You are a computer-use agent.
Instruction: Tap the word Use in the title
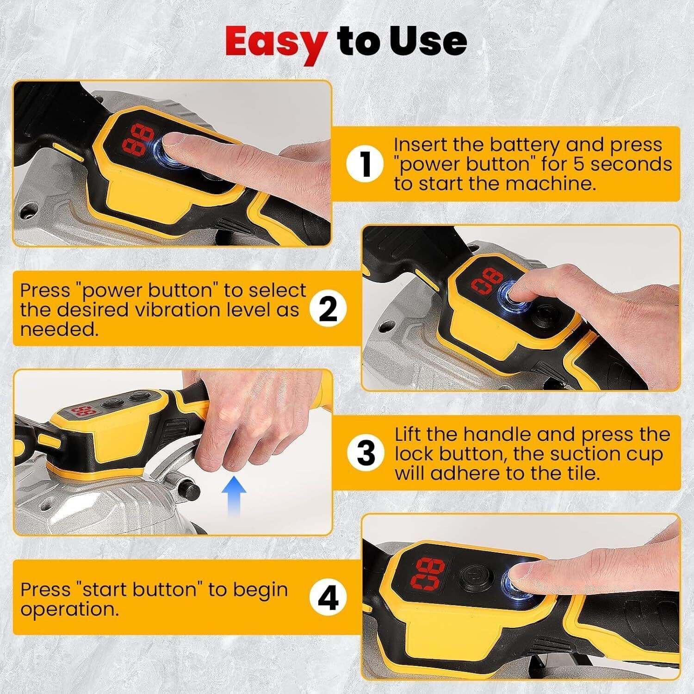click(428, 41)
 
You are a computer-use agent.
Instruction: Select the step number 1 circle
click(366, 164)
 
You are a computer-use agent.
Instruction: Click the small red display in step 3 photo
click(80, 411)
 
